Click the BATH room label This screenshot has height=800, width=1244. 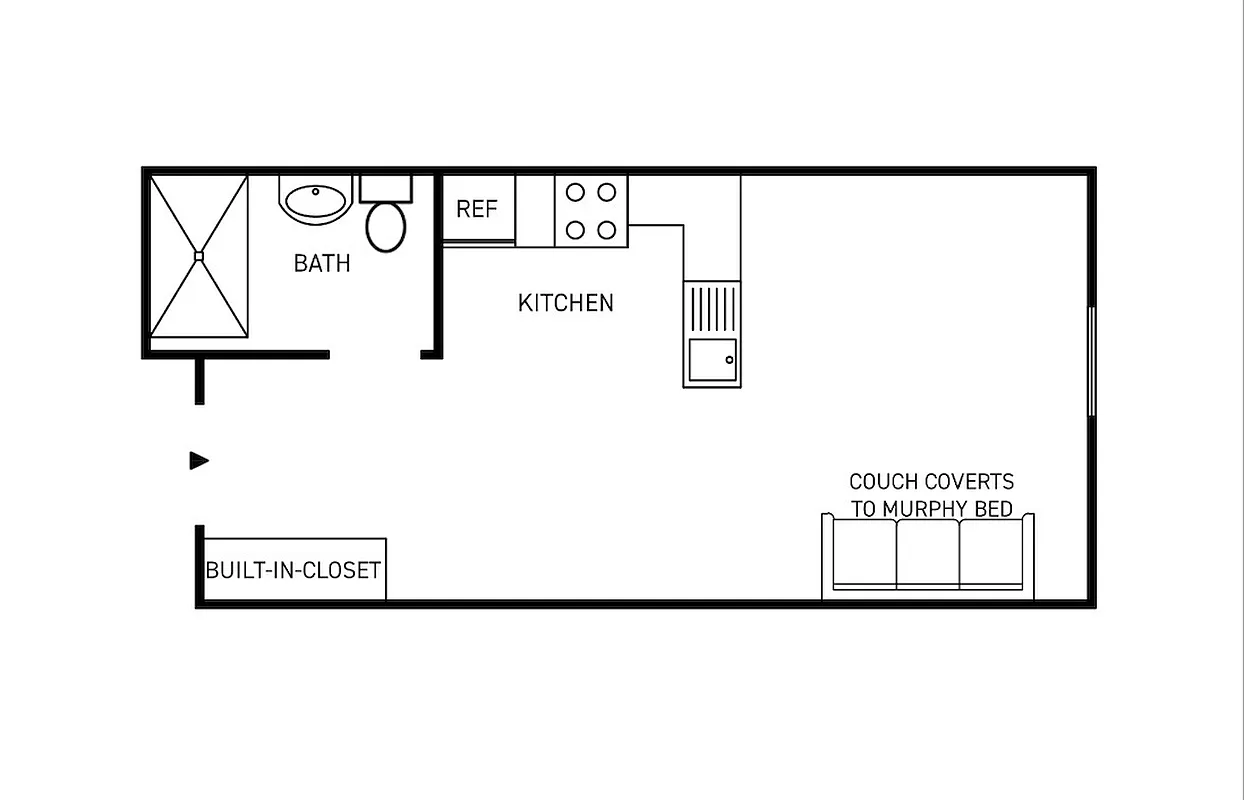point(322,263)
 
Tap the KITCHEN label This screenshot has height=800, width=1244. point(566,302)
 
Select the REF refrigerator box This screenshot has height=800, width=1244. point(477,209)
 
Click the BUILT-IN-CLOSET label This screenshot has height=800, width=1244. point(293,570)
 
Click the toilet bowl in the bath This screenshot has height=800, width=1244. point(386,227)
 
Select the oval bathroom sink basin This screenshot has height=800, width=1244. point(316,200)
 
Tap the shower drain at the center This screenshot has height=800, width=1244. point(198,256)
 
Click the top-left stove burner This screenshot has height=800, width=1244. point(575,191)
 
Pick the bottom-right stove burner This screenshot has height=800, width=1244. point(606,230)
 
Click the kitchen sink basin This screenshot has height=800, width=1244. point(712,359)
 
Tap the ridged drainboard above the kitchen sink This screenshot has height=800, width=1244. point(712,308)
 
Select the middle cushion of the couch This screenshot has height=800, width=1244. point(928,553)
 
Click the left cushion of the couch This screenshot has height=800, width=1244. point(864,553)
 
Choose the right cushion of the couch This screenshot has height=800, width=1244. point(991,553)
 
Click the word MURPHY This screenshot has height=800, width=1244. point(920,509)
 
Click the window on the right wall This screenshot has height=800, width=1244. point(1091,361)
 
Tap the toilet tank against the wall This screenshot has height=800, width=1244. point(385,188)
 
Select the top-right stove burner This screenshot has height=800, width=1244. point(606,191)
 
